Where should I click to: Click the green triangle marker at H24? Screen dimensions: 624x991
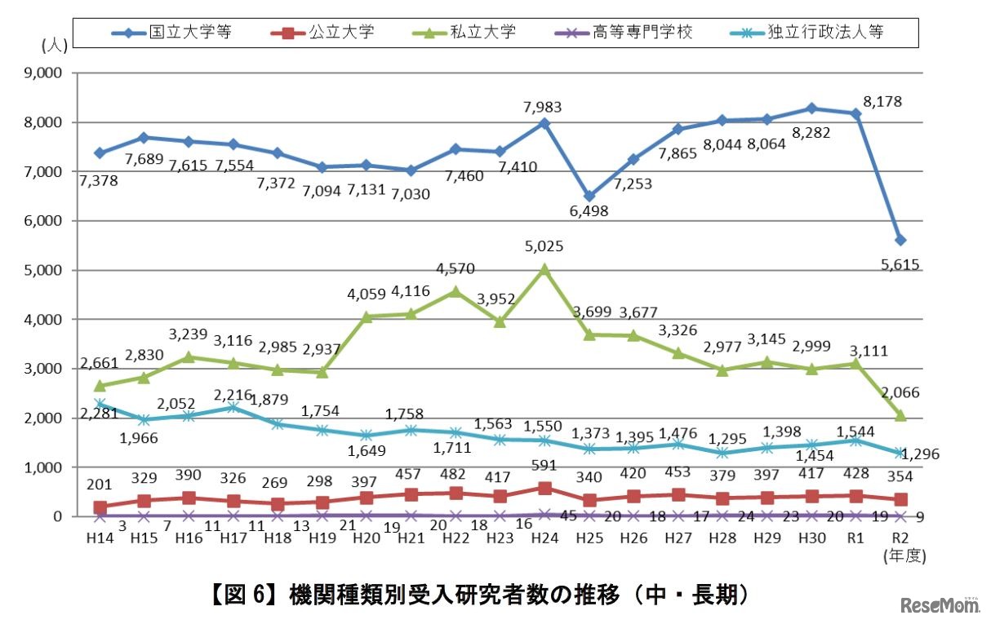544,268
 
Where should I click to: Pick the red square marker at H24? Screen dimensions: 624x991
544,488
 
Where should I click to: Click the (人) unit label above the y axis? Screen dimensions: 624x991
54,46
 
